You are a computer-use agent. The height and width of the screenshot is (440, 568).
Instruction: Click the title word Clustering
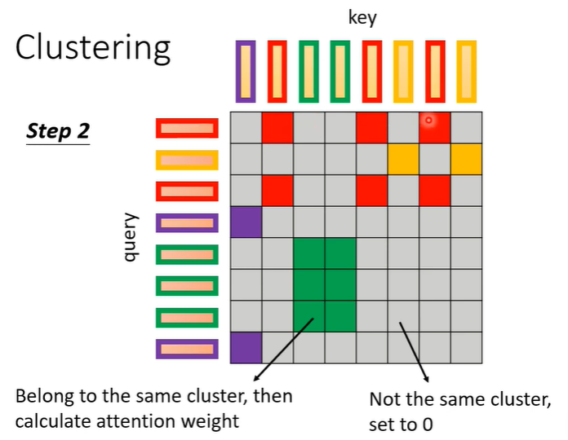[x=93, y=48]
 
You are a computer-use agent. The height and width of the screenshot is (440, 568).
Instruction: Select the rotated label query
[x=129, y=237]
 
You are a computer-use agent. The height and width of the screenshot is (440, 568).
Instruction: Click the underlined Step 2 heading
[x=57, y=131]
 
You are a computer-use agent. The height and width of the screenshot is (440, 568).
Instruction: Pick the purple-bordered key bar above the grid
[x=245, y=72]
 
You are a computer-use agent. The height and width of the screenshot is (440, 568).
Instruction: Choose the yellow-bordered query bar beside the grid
[x=188, y=159]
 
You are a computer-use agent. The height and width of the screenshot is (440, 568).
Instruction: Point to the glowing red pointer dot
[x=428, y=121]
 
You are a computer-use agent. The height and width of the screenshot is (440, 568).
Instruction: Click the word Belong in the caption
[x=42, y=398]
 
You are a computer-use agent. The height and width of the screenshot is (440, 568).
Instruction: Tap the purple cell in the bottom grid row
[x=246, y=348]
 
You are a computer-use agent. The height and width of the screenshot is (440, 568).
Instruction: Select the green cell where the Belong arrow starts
[x=308, y=316]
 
